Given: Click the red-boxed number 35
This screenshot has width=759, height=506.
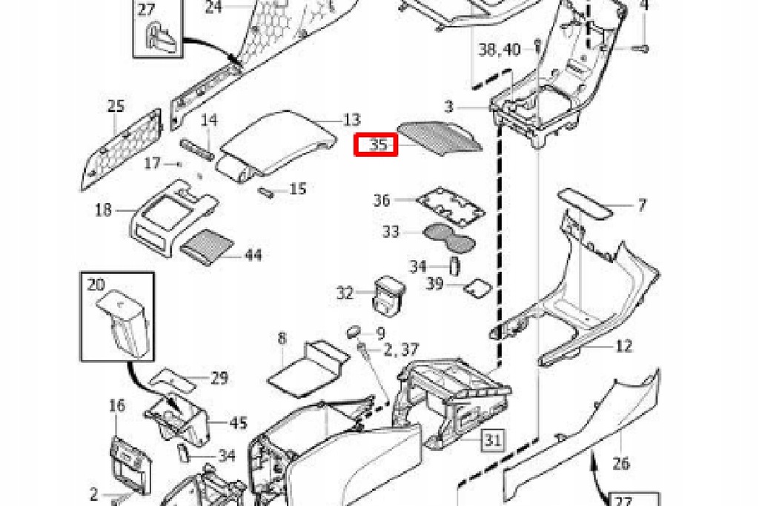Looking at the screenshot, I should click(x=377, y=144).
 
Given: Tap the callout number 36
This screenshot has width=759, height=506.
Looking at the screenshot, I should click(x=382, y=200).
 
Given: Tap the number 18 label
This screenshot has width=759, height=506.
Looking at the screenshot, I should click(x=104, y=210).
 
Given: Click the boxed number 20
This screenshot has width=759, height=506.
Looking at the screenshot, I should click(x=96, y=284).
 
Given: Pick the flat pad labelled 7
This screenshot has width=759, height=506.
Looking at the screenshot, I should click(x=586, y=202).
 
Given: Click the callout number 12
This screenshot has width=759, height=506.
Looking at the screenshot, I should click(x=624, y=346).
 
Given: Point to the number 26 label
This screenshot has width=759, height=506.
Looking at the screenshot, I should click(x=621, y=464).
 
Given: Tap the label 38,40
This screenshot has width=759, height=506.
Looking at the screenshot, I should click(x=500, y=50).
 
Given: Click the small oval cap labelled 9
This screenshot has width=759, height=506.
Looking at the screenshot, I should click(x=354, y=330).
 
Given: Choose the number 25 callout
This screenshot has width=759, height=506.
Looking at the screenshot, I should click(x=116, y=106).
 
